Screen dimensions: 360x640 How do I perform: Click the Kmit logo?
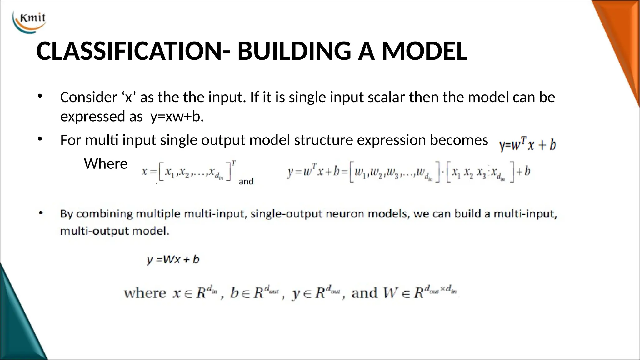(x=30, y=21)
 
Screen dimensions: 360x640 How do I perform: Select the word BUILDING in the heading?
(x=294, y=51)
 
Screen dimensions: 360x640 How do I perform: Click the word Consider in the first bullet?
(x=88, y=97)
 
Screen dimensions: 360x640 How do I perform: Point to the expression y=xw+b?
(x=177, y=117)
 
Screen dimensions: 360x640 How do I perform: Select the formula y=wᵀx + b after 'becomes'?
(x=527, y=145)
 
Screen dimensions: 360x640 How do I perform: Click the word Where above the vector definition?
(x=106, y=164)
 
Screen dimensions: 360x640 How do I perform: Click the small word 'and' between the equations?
(x=246, y=182)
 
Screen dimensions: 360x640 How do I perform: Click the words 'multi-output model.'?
(x=115, y=231)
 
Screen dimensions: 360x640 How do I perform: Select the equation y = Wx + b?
(x=173, y=259)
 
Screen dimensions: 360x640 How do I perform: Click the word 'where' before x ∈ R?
(x=145, y=293)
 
